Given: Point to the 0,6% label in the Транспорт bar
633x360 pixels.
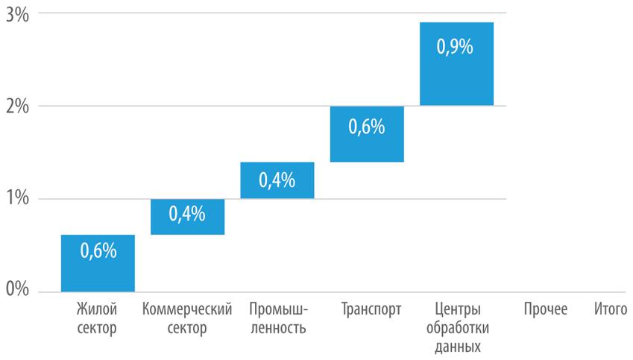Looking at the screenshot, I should pos(366,127).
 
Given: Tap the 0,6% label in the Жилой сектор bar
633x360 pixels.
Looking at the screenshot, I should pos(98,250).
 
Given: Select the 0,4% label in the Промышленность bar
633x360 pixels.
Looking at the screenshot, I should pos(277,180).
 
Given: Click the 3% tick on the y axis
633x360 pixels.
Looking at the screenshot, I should pos(16,14).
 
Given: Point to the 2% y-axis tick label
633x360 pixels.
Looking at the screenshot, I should pos(16,107).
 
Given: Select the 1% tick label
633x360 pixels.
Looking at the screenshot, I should pos(16,199).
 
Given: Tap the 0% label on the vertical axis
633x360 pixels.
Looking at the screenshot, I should pos(16,290).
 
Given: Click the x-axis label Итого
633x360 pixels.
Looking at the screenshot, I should pos(611,309).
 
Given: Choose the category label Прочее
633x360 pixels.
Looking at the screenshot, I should pos(545,309).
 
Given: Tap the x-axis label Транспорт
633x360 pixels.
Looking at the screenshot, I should pos(371,309).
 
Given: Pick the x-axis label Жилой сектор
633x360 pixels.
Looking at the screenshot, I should pos(97,318).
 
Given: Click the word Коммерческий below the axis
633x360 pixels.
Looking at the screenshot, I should pos(186,309).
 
